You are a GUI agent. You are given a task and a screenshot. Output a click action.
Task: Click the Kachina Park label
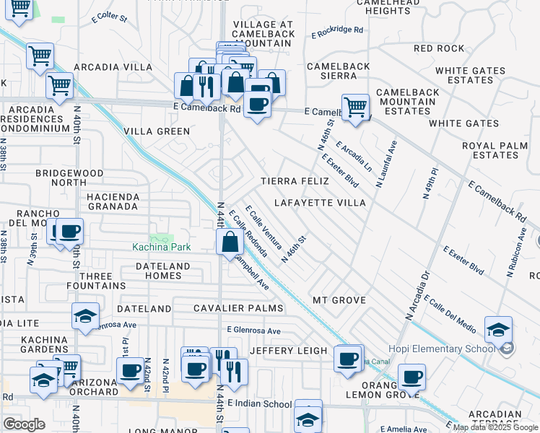[x=161, y=247]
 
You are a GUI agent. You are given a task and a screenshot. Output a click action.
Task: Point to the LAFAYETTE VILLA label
[x=320, y=204]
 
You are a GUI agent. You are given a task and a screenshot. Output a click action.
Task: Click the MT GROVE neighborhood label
[x=339, y=299]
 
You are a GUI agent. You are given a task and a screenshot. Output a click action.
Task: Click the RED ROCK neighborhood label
[x=439, y=48]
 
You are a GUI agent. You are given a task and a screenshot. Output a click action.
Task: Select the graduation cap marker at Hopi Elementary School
[x=498, y=329]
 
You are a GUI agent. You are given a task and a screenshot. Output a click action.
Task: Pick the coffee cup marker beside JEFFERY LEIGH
[x=348, y=358]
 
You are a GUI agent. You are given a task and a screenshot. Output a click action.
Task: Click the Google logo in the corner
[x=24, y=424]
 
